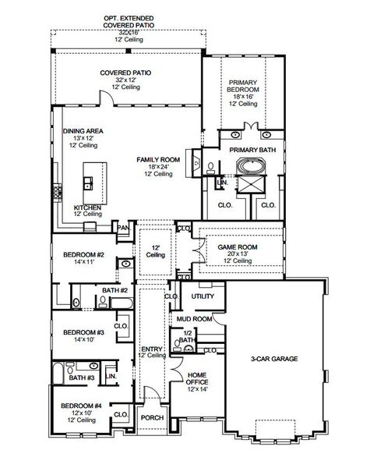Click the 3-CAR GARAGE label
pyautogui.click(x=275, y=360)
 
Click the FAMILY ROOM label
pyautogui.click(x=158, y=159)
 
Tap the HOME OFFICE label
pyautogui.click(x=197, y=380)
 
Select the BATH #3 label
pyautogui.click(x=81, y=378)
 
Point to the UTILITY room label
pyautogui.click(x=202, y=297)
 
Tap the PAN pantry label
pyautogui.click(x=123, y=228)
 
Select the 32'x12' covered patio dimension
pyautogui.click(x=125, y=80)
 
